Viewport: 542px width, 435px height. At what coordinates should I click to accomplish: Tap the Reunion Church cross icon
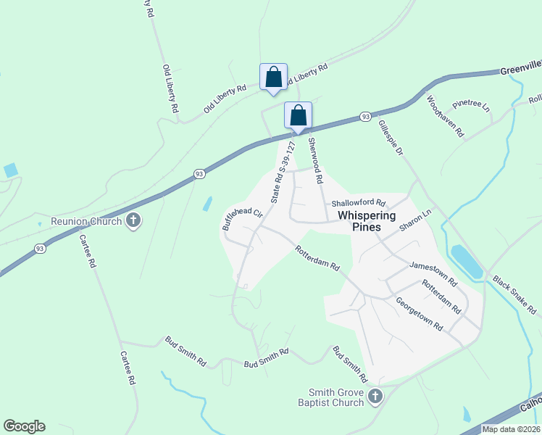click(133, 220)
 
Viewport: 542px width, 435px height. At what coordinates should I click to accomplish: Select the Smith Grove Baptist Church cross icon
click(375, 397)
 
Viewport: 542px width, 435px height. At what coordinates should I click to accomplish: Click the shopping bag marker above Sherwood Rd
click(298, 115)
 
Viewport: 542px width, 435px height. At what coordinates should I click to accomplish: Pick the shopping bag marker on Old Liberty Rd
click(273, 77)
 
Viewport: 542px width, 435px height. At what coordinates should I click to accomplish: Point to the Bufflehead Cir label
click(242, 218)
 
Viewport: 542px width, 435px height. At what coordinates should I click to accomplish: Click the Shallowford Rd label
click(358, 204)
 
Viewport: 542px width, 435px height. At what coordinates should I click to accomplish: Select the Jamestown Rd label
click(433, 273)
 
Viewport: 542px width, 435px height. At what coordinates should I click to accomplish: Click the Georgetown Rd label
click(419, 313)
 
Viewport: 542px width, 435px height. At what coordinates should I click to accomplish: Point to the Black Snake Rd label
click(514, 294)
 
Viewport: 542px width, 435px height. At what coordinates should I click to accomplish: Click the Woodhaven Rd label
click(445, 116)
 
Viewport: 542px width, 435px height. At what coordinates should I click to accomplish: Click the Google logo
click(24, 426)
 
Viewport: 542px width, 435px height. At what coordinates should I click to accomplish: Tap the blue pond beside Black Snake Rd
click(466, 261)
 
